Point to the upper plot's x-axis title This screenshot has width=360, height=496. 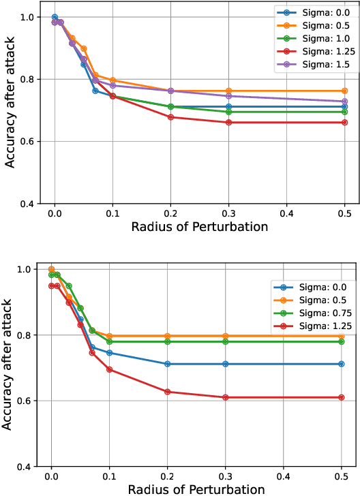[x=200, y=227]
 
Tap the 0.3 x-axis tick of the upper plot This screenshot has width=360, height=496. [x=228, y=213]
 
